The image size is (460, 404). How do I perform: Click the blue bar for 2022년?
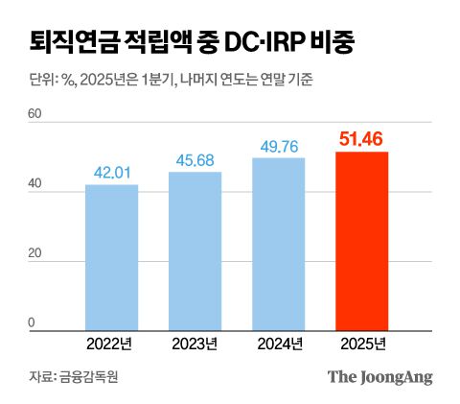(x=111, y=257)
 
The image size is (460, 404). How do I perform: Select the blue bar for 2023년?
(x=195, y=250)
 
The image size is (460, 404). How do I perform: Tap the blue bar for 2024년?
(x=279, y=244)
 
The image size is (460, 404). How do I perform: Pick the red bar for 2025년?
(x=362, y=241)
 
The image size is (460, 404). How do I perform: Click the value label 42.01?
(x=111, y=173)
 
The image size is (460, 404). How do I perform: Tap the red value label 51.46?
(x=362, y=139)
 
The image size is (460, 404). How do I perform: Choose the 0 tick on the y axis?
(x=33, y=324)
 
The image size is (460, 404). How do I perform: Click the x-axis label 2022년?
(x=111, y=344)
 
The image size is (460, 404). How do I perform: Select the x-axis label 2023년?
(x=195, y=344)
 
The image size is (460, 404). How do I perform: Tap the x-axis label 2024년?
(x=279, y=344)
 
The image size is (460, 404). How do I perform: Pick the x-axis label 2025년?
(x=362, y=344)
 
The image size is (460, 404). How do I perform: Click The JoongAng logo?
(x=380, y=377)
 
